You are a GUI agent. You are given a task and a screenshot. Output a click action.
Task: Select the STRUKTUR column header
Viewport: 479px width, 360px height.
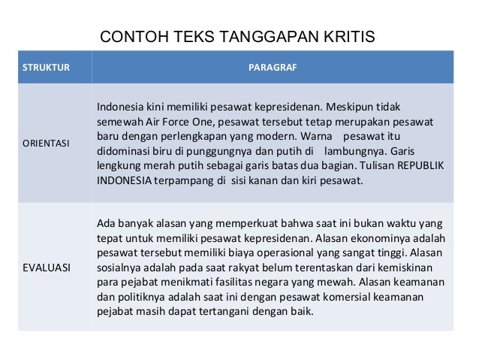(45, 68)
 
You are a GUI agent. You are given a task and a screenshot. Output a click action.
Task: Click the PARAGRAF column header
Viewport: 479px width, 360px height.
(273, 68)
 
